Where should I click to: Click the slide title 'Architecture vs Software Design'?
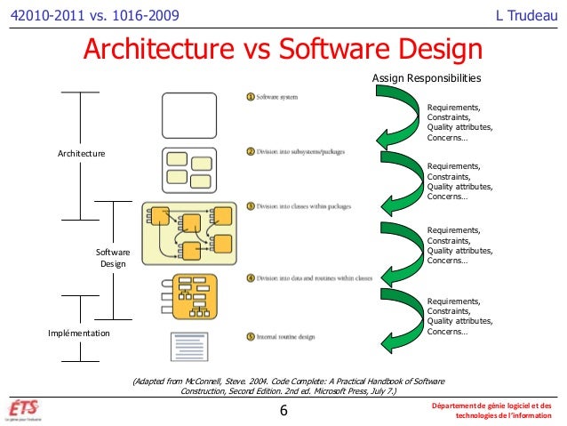(x=283, y=52)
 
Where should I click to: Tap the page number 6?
(x=283, y=410)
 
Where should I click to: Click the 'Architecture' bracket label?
(x=81, y=154)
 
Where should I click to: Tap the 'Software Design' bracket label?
(x=113, y=258)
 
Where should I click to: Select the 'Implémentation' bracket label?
(x=78, y=333)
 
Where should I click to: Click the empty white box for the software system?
(x=188, y=115)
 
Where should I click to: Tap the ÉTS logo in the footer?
(x=26, y=409)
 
